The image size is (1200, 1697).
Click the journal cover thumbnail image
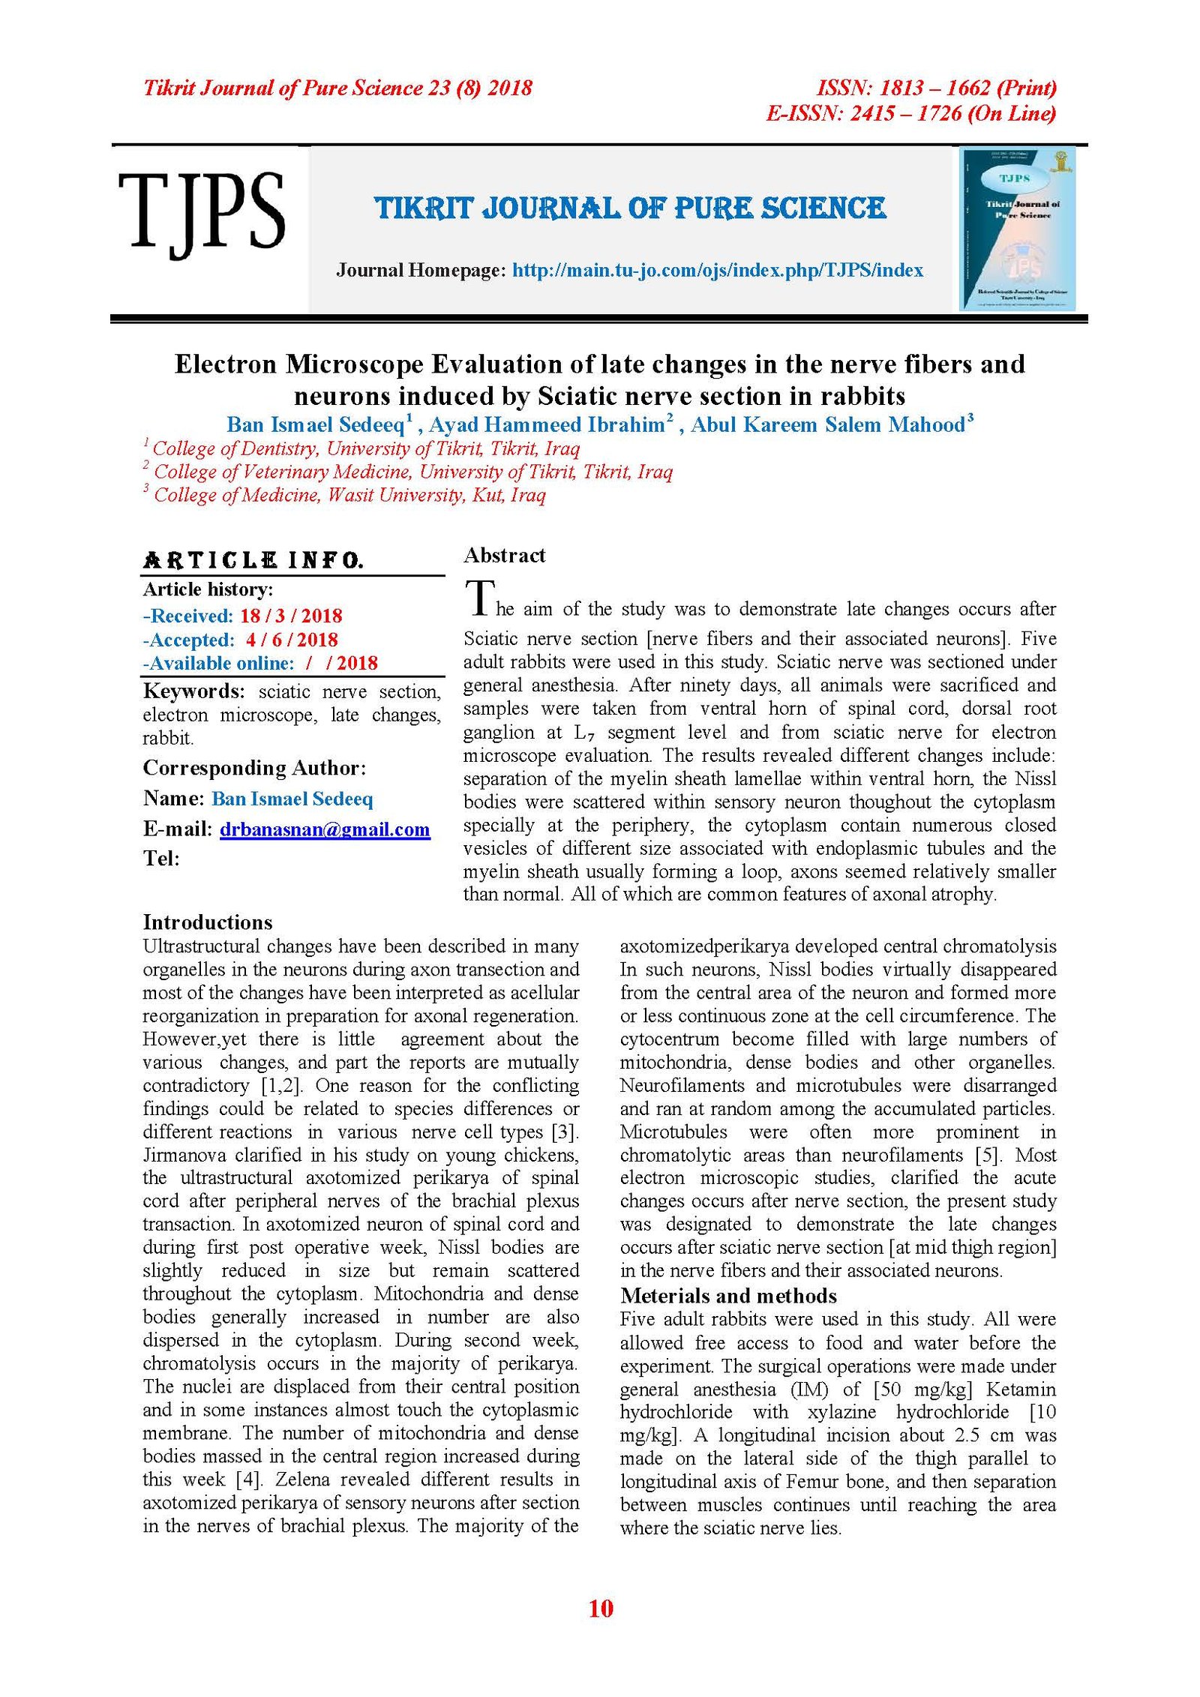click(1018, 229)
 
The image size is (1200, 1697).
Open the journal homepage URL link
click(717, 271)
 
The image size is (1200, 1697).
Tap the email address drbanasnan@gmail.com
click(325, 829)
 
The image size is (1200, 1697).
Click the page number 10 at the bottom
click(601, 1609)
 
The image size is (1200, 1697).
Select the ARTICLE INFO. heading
click(253, 561)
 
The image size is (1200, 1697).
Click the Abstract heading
click(504, 556)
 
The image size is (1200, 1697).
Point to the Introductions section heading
click(208, 922)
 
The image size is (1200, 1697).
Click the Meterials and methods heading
click(727, 1296)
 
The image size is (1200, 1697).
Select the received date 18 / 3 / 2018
click(291, 616)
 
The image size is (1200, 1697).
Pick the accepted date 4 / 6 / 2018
click(292, 640)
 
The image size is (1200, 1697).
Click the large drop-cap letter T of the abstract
click(479, 598)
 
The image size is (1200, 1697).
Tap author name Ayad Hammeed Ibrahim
click(547, 425)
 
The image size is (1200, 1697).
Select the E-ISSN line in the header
click(910, 114)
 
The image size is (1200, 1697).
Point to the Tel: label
click(161, 859)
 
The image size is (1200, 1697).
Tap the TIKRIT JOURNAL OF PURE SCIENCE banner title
click(630, 208)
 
